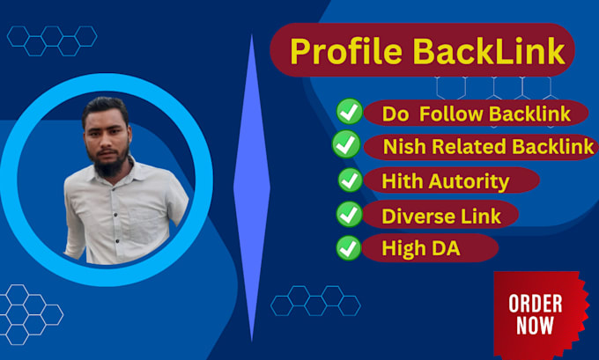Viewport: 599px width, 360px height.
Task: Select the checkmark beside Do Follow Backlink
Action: click(x=350, y=112)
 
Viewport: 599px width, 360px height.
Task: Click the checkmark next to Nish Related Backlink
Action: click(x=345, y=145)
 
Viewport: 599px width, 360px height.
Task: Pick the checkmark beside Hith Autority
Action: click(x=351, y=180)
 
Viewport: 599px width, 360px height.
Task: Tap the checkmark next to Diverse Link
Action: click(x=351, y=214)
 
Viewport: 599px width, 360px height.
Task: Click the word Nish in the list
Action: click(x=402, y=147)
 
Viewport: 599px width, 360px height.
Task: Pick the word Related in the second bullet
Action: click(x=464, y=147)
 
